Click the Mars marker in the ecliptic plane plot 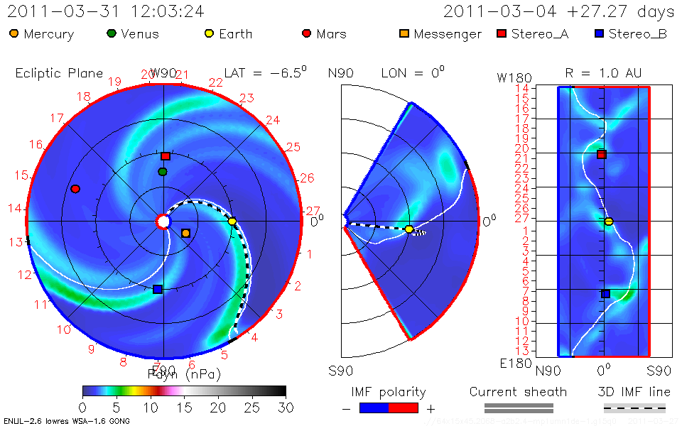pyautogui.click(x=75, y=189)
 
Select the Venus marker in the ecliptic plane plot pyautogui.click(x=163, y=172)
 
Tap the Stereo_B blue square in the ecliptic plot pyautogui.click(x=158, y=289)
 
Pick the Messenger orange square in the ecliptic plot pyautogui.click(x=186, y=233)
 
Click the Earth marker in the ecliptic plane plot pyautogui.click(x=232, y=222)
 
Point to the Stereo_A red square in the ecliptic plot pyautogui.click(x=166, y=156)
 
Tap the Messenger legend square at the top pyautogui.click(x=405, y=33)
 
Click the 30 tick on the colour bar pyautogui.click(x=285, y=408)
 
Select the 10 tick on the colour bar pyautogui.click(x=150, y=408)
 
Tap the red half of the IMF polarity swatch pyautogui.click(x=404, y=408)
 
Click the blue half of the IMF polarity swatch pyautogui.click(x=374, y=408)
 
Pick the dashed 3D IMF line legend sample pyautogui.click(x=634, y=408)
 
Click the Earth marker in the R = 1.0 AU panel pyautogui.click(x=608, y=222)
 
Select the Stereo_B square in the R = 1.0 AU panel pyautogui.click(x=605, y=293)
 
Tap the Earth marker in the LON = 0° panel pyautogui.click(x=409, y=229)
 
